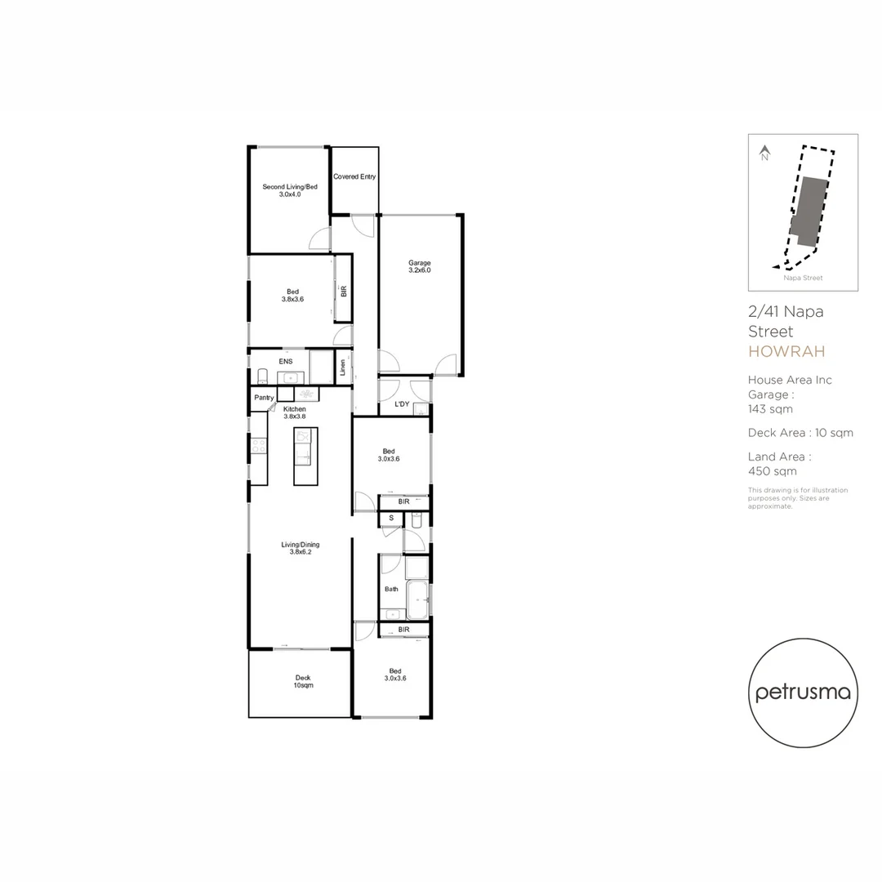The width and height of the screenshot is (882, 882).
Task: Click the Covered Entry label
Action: pyautogui.click(x=354, y=176)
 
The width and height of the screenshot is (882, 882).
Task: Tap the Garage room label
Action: pyautogui.click(x=420, y=266)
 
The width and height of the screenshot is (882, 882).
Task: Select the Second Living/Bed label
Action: pyautogui.click(x=290, y=190)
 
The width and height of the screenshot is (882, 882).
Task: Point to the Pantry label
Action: pyautogui.click(x=264, y=398)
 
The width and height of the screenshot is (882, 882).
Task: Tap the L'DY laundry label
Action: pyautogui.click(x=402, y=404)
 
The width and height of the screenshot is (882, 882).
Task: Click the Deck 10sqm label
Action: pyautogui.click(x=303, y=681)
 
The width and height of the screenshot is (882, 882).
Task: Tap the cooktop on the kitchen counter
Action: pyautogui.click(x=258, y=446)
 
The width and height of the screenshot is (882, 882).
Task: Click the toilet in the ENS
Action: pyautogui.click(x=262, y=376)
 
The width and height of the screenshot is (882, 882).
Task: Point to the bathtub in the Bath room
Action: pyautogui.click(x=417, y=599)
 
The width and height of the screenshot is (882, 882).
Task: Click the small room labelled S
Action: pyautogui.click(x=391, y=518)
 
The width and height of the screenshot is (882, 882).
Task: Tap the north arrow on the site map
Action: pyautogui.click(x=765, y=153)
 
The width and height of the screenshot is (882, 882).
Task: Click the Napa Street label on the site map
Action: pyautogui.click(x=803, y=278)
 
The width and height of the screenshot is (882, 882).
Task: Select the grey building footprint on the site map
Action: pyautogui.click(x=809, y=211)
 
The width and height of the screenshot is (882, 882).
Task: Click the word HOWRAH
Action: pyautogui.click(x=786, y=352)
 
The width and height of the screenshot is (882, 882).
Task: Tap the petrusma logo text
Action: pyautogui.click(x=803, y=693)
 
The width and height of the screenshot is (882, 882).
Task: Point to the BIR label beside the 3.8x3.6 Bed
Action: pyautogui.click(x=344, y=290)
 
